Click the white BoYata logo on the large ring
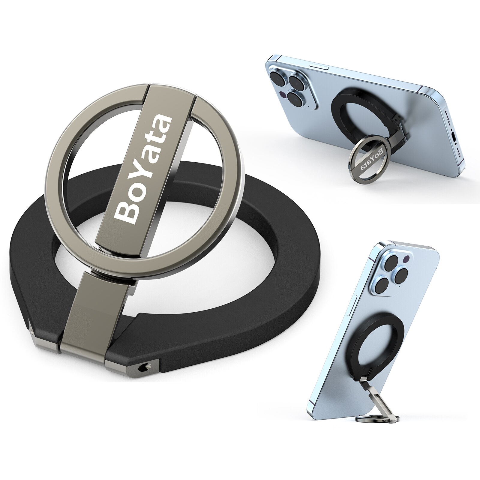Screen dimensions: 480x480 pos(143,168)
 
